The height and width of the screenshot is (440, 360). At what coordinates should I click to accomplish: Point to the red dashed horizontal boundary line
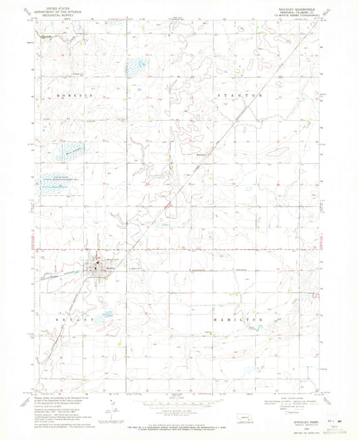(x=203, y=252)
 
